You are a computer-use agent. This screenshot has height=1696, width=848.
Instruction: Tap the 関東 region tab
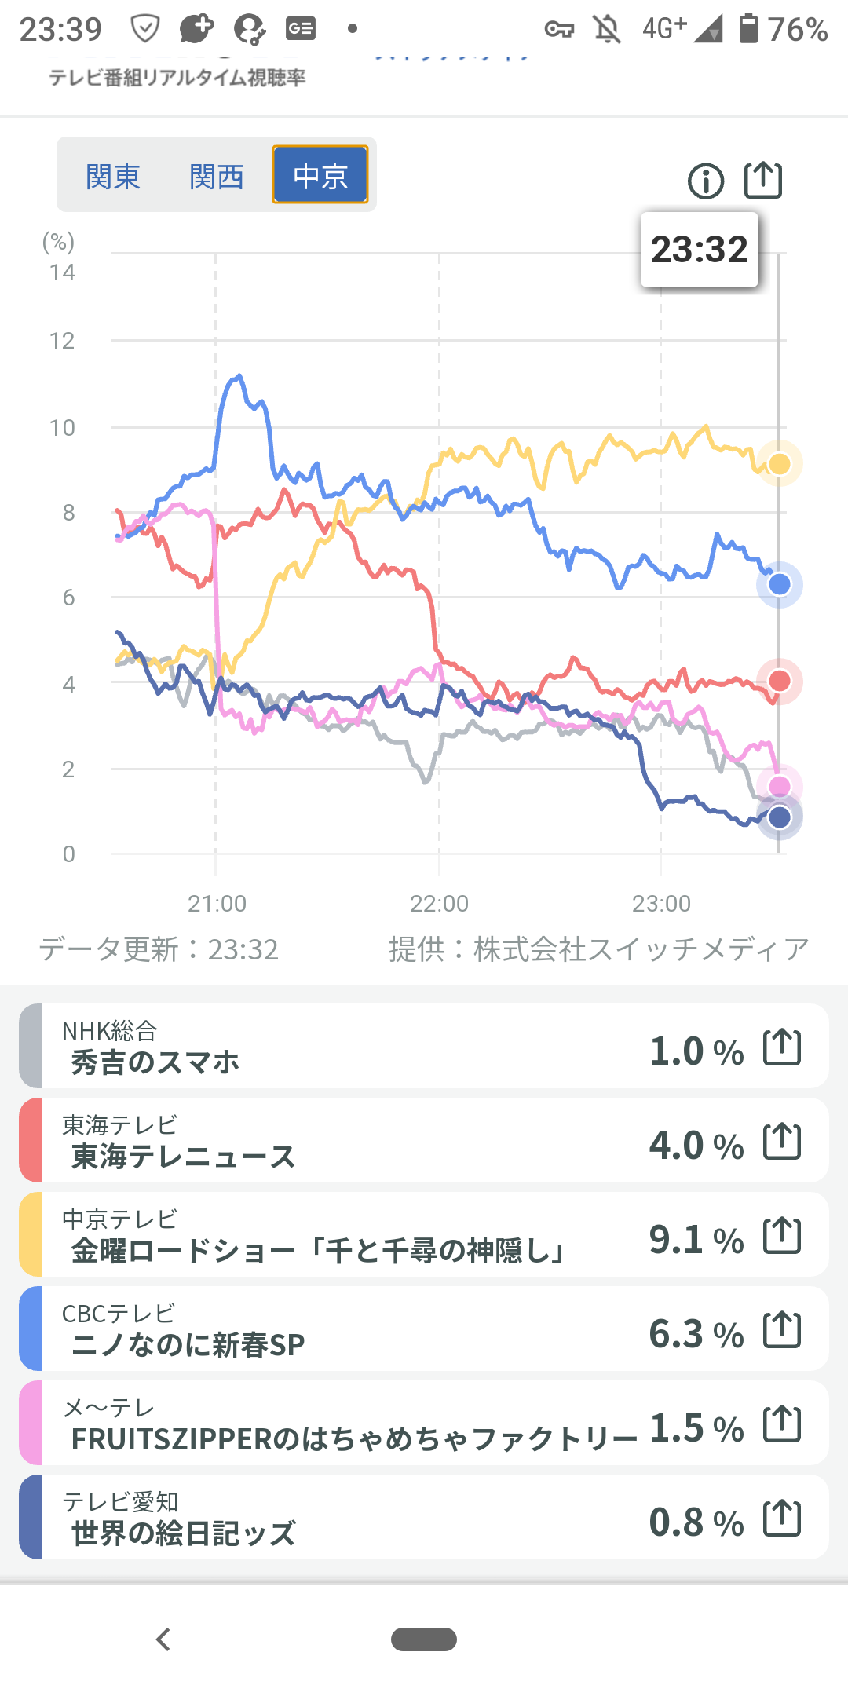coord(113,176)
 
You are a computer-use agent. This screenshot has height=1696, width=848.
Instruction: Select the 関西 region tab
coord(217,176)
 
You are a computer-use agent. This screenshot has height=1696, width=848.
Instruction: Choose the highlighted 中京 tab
coord(320,175)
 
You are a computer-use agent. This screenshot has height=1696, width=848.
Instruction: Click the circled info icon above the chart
coord(705,181)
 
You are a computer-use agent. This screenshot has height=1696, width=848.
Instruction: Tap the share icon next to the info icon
coord(762,180)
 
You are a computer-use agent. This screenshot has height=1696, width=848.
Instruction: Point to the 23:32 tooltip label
coord(700,250)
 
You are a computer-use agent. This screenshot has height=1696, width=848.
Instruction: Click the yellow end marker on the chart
coord(779,464)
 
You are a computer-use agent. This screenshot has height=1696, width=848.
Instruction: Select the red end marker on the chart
coord(779,681)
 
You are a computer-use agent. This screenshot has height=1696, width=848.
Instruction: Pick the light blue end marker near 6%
coord(779,584)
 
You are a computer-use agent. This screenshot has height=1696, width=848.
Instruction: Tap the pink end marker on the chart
coord(779,786)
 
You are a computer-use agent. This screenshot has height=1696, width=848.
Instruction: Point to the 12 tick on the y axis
coord(62,341)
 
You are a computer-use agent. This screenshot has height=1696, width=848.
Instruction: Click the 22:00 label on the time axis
coord(439,904)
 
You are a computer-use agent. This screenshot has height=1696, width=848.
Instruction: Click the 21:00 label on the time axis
coord(217,904)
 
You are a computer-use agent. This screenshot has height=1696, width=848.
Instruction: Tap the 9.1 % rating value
coord(696,1240)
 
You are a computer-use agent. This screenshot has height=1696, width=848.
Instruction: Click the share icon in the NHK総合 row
coord(782,1047)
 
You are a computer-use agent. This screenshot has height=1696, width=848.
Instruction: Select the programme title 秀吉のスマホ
coord(155,1062)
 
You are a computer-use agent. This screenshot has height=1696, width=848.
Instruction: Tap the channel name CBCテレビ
coord(119,1314)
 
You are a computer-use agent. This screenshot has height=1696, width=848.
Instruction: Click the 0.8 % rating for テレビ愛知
coord(696,1522)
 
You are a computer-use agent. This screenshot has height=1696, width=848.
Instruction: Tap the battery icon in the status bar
coord(748,28)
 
